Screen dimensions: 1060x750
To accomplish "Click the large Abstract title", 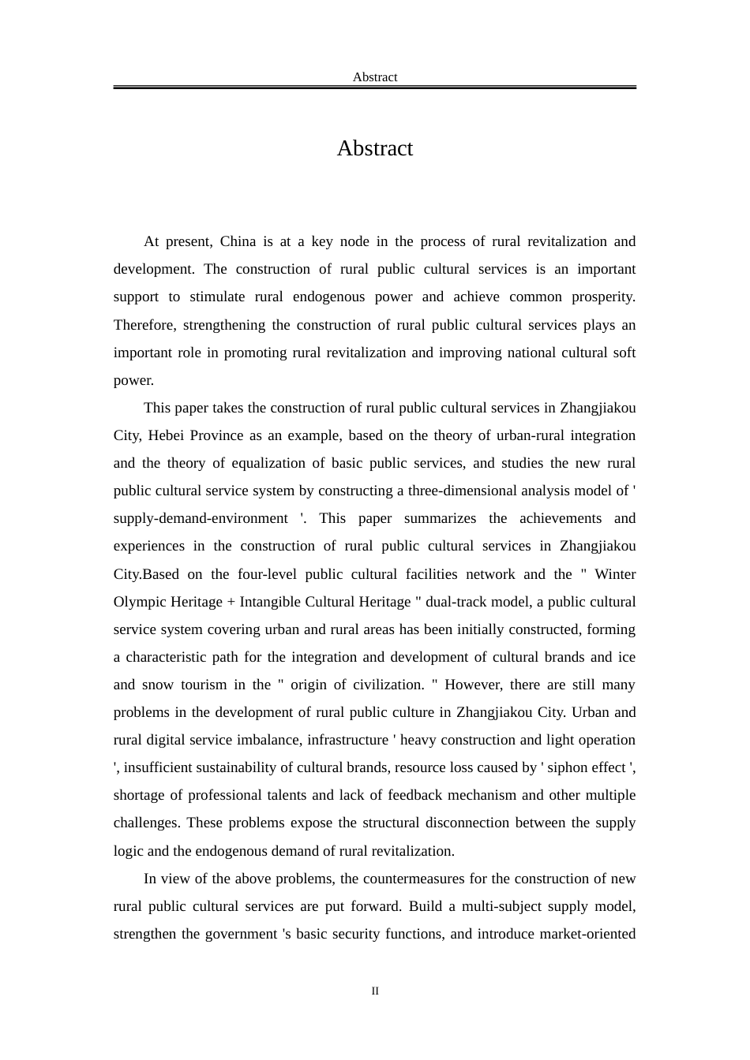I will (374, 148).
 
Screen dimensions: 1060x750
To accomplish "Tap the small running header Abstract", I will (375, 77).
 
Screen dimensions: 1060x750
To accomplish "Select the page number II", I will (375, 991).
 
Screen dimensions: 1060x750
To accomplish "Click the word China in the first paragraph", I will (238, 241).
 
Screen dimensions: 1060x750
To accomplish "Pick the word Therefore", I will (144, 325).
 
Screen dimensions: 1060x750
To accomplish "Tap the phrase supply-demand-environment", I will (201, 518).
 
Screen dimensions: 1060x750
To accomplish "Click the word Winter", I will (615, 574).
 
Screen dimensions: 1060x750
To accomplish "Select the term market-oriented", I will (587, 934).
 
